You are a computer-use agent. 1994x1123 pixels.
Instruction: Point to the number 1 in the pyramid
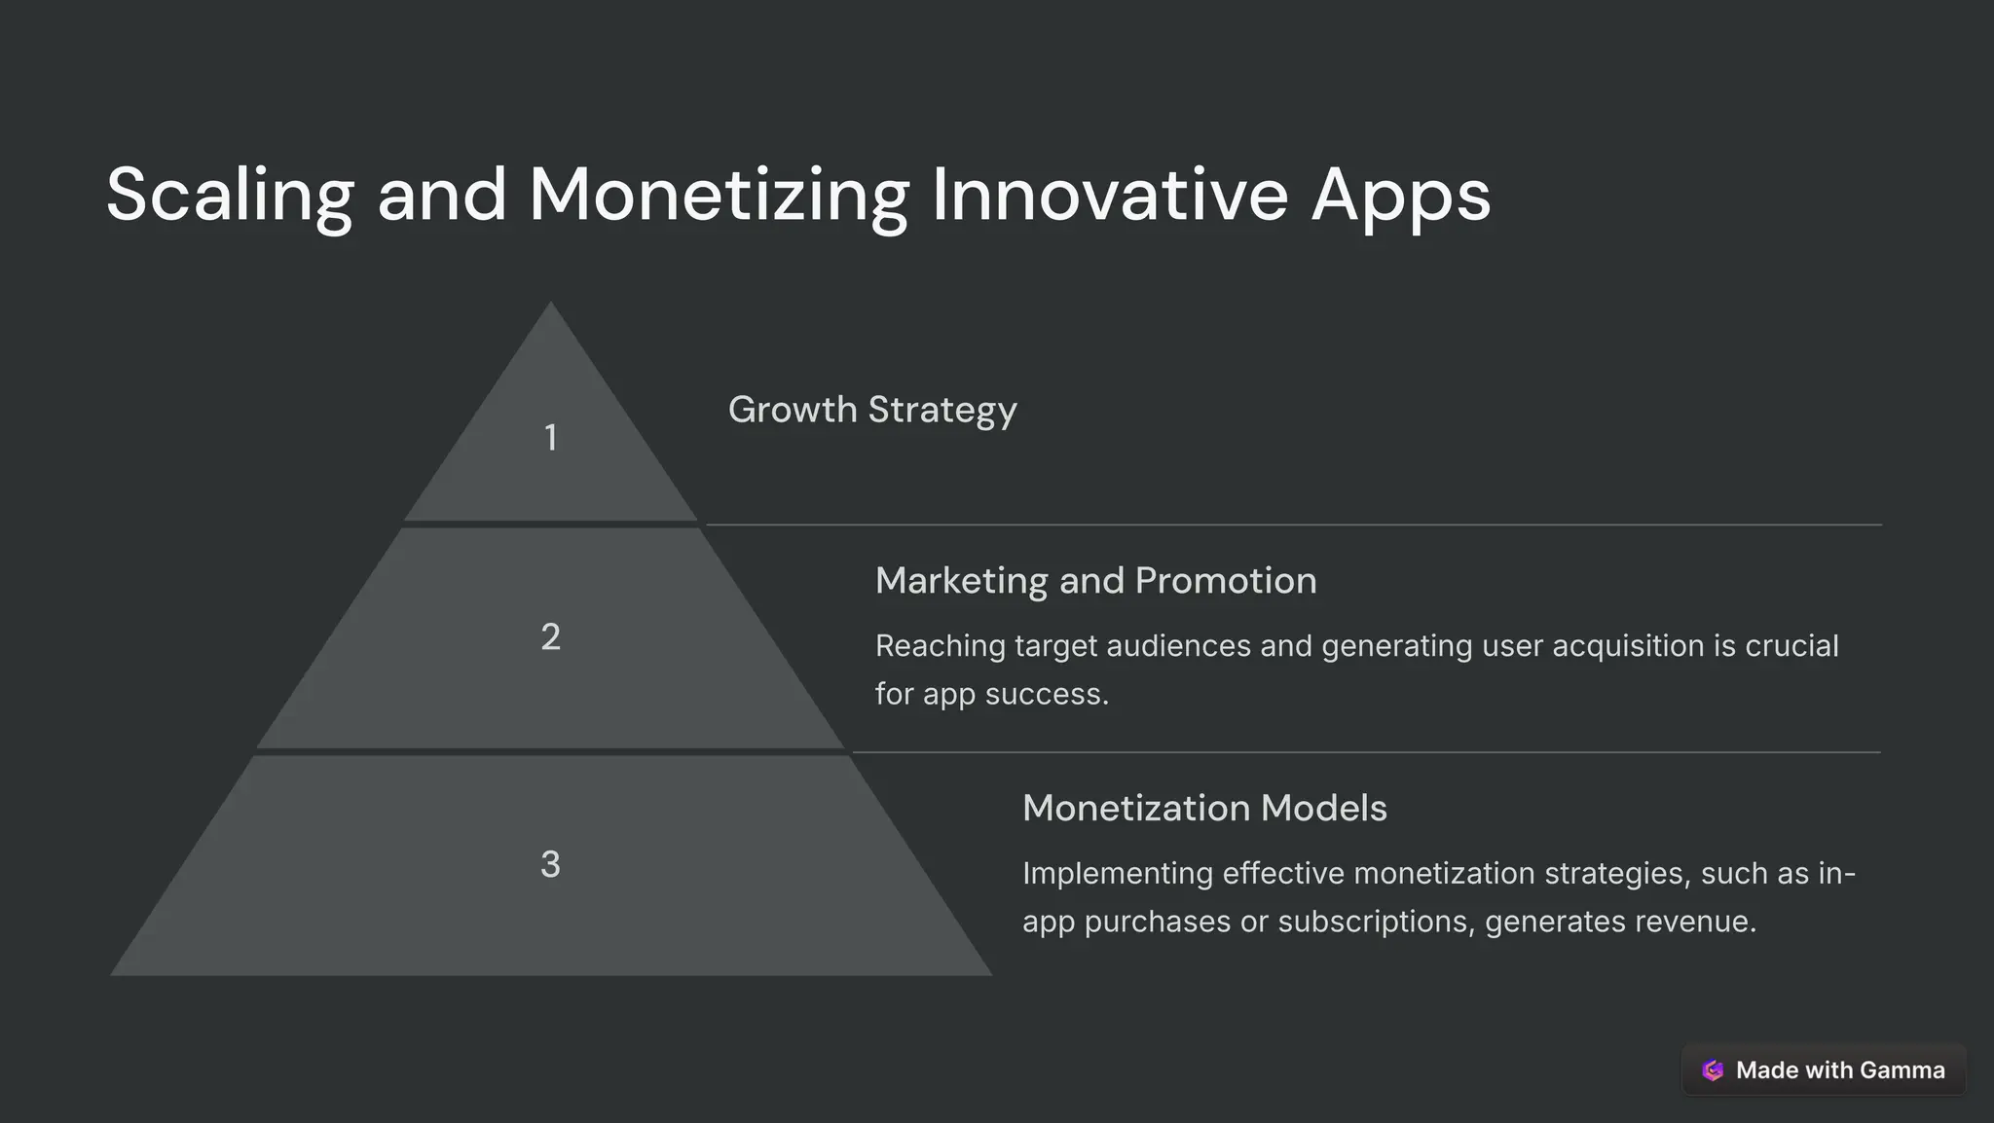coord(550,438)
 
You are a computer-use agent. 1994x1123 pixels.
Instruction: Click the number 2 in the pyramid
coord(550,636)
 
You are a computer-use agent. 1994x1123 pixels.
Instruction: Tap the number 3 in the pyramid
coord(550,864)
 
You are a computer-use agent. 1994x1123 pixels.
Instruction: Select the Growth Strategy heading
coord(872,410)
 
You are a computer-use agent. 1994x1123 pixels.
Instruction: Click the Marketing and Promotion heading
coord(1095,581)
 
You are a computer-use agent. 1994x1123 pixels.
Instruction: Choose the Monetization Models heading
coord(1204,809)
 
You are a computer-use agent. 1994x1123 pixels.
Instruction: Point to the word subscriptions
coord(1380,922)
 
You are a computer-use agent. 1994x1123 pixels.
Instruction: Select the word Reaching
coord(940,646)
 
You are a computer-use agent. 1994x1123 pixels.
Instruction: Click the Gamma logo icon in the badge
coord(1713,1070)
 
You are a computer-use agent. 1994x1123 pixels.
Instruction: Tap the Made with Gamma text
coord(1840,1070)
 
